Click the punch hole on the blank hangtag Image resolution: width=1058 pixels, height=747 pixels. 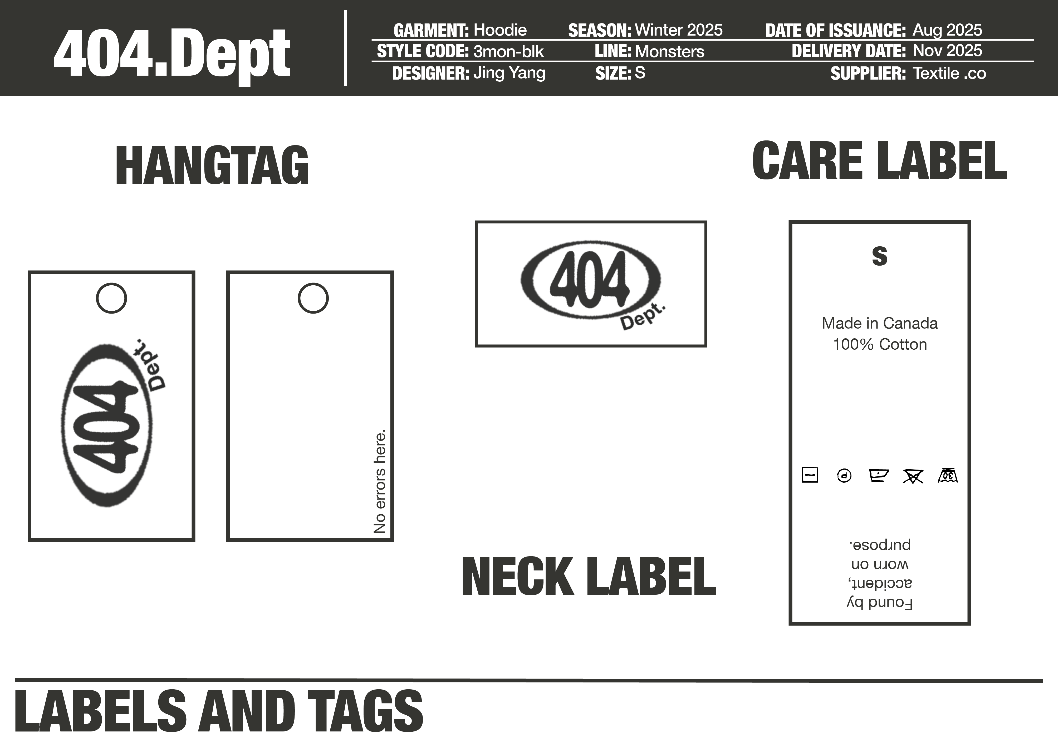(x=313, y=298)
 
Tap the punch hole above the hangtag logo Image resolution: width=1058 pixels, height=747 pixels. (x=111, y=298)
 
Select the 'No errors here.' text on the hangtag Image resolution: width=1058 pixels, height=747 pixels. (x=380, y=482)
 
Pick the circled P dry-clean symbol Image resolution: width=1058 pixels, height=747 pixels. (x=844, y=475)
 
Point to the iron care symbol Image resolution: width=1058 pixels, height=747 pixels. (x=878, y=475)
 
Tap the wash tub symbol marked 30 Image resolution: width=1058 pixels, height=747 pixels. (x=948, y=475)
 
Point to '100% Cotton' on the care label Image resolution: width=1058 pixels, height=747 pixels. (x=880, y=344)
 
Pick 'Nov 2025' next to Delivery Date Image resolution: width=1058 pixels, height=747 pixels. (x=947, y=51)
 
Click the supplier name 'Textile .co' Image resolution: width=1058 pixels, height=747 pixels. (x=949, y=73)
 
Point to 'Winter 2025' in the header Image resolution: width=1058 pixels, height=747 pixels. (x=678, y=30)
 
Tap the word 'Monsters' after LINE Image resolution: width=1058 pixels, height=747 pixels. (x=669, y=52)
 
